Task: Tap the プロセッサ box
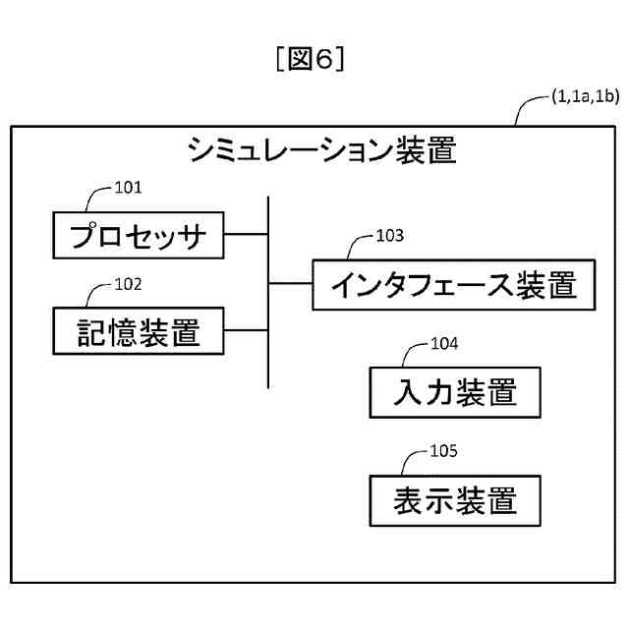click(139, 235)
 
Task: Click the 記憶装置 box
click(139, 332)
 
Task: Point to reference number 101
click(129, 186)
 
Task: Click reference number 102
click(129, 284)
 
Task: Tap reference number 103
click(390, 236)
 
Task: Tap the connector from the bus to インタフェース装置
click(291, 285)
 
